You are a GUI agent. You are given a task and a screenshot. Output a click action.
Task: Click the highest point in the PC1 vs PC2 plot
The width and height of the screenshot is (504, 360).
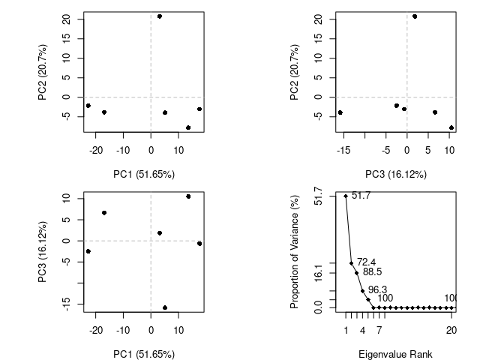[160, 16]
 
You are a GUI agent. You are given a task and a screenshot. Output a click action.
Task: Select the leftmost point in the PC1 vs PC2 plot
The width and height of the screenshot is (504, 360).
[88, 106]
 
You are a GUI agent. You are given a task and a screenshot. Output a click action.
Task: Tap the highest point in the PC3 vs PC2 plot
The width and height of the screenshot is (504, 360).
[415, 16]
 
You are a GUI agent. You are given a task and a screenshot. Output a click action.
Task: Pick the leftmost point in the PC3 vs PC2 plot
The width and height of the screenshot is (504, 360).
[340, 112]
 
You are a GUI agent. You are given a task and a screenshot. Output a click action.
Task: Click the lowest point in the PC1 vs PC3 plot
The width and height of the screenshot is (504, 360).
[165, 307]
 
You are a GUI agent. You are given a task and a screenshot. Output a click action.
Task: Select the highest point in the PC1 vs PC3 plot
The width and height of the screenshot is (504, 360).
[188, 196]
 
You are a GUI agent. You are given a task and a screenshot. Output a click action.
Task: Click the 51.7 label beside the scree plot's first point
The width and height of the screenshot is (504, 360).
[361, 196]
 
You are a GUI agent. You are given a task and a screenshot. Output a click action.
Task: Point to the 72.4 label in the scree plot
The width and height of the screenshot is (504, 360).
[366, 262]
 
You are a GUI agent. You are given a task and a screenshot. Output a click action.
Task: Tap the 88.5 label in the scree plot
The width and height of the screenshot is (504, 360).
[373, 272]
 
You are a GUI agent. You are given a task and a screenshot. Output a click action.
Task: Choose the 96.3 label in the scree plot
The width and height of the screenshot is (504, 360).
[377, 289]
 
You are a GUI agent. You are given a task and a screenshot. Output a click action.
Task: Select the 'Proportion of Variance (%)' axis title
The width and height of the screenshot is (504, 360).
[295, 251]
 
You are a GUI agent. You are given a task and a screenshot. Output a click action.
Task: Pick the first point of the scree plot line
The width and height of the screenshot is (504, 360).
[346, 196]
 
